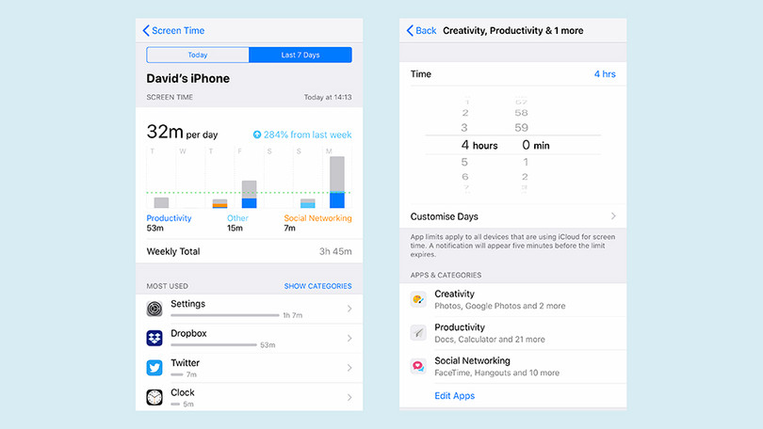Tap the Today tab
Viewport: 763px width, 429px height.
pyautogui.click(x=198, y=55)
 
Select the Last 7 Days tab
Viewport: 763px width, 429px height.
pyautogui.click(x=300, y=55)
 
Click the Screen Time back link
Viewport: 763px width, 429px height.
pyautogui.click(x=173, y=30)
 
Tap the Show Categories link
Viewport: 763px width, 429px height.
pyautogui.click(x=317, y=286)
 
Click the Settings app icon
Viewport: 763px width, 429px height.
pyautogui.click(x=154, y=309)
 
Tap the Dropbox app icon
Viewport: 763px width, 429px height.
pyautogui.click(x=154, y=338)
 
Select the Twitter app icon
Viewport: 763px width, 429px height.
pyautogui.click(x=154, y=368)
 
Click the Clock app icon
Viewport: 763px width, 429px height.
pyautogui.click(x=154, y=397)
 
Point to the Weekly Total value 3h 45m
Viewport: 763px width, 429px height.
pyautogui.click(x=335, y=252)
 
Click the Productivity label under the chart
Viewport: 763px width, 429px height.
pyautogui.click(x=170, y=218)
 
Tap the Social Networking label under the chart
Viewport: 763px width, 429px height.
pyautogui.click(x=317, y=218)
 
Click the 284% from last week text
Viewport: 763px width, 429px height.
pyautogui.click(x=302, y=135)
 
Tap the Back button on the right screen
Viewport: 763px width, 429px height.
pyautogui.click(x=421, y=30)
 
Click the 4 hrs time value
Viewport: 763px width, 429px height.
pyautogui.click(x=605, y=73)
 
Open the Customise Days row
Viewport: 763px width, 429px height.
pyautogui.click(x=513, y=216)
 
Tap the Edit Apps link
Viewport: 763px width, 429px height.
pyautogui.click(x=454, y=396)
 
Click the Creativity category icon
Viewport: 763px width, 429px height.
pyautogui.click(x=418, y=299)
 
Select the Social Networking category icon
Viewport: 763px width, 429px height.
pyautogui.click(x=418, y=366)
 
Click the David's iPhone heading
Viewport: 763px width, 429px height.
pyautogui.click(x=188, y=79)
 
